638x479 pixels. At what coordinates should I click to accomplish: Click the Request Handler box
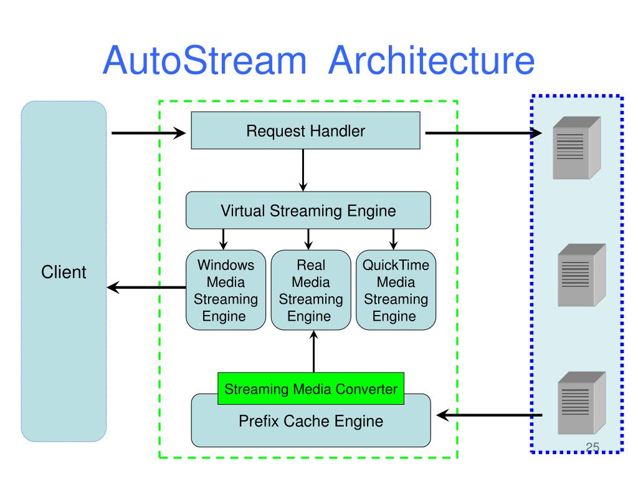[305, 130]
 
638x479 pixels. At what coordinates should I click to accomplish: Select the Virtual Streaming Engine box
[308, 210]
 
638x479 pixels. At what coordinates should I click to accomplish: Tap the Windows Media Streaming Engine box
[226, 290]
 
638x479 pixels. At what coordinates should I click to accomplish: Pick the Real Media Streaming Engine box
[311, 290]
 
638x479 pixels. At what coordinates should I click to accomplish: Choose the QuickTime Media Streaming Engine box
[396, 290]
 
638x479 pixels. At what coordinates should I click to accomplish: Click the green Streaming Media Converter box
[311, 389]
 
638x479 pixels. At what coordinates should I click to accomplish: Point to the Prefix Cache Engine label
[311, 421]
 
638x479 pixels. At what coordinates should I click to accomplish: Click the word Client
[64, 272]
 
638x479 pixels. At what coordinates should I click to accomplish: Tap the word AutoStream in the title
[204, 60]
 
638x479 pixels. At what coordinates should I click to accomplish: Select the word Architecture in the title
[431, 60]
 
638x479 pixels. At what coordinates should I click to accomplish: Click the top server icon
[577, 147]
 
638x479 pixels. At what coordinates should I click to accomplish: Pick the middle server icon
[582, 275]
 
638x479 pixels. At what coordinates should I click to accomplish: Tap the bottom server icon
[582, 403]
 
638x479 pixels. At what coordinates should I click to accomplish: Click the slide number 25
[593, 447]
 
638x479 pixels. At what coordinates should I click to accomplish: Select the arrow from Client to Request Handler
[148, 133]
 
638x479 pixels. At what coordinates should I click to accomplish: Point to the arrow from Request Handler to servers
[483, 133]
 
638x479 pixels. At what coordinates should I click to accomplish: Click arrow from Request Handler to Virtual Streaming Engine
[303, 170]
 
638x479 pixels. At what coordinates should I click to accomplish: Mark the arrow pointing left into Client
[146, 287]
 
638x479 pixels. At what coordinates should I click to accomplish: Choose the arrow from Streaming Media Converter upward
[314, 351]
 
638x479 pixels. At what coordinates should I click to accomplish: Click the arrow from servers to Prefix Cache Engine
[489, 415]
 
